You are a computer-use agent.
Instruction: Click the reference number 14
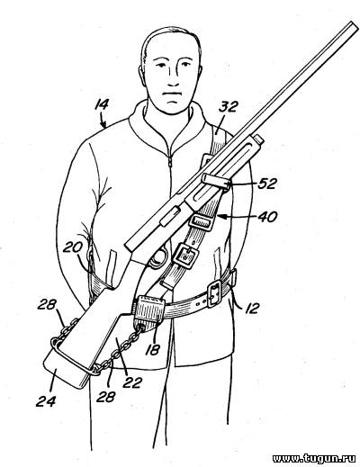click(x=102, y=106)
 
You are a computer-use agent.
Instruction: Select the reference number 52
click(x=267, y=184)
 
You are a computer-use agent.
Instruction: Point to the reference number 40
click(x=268, y=217)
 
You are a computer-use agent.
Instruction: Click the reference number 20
click(x=73, y=248)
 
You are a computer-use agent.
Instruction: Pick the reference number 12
click(x=251, y=308)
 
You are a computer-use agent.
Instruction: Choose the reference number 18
click(x=152, y=349)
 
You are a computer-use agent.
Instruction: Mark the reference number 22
click(x=131, y=382)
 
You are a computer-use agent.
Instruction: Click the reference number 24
click(x=46, y=401)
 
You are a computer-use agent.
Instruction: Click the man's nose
click(x=173, y=77)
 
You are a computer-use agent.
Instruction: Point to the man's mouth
click(x=171, y=94)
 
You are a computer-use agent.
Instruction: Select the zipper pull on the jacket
click(x=170, y=161)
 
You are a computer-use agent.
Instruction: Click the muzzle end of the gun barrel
click(x=355, y=25)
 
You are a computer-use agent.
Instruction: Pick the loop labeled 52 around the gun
click(x=217, y=181)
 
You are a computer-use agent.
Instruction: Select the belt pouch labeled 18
click(x=148, y=311)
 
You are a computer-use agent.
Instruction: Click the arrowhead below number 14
click(x=103, y=124)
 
